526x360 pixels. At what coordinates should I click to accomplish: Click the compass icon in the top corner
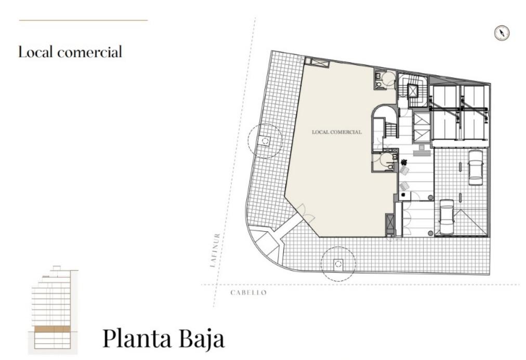(x=502, y=33)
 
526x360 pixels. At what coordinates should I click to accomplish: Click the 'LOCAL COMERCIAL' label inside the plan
(x=337, y=132)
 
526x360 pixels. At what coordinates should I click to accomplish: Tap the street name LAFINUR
(x=215, y=250)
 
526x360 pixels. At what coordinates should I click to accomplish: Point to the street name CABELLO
(x=248, y=292)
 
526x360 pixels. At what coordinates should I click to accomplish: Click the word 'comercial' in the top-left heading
(x=89, y=52)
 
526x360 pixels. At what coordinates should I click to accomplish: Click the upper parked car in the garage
(x=476, y=167)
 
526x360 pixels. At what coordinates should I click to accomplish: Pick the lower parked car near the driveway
(x=446, y=217)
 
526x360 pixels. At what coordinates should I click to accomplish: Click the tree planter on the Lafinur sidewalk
(x=265, y=141)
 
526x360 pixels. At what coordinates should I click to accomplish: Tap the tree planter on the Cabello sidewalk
(x=338, y=264)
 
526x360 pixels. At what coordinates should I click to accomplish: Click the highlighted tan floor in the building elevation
(x=52, y=329)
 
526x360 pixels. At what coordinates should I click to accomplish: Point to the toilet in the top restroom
(x=378, y=80)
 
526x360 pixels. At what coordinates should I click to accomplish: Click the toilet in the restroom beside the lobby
(x=390, y=166)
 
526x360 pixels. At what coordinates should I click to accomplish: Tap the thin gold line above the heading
(x=84, y=20)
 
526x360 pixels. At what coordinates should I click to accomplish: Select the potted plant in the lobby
(x=403, y=163)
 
